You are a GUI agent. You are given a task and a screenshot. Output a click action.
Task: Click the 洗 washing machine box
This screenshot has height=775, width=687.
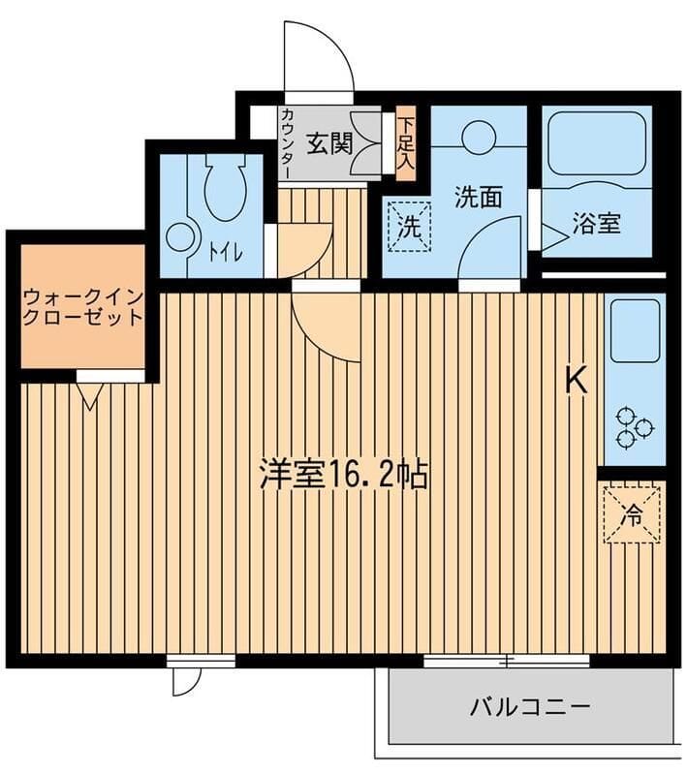click(410, 226)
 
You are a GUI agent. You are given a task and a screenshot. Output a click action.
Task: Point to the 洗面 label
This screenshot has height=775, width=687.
click(479, 197)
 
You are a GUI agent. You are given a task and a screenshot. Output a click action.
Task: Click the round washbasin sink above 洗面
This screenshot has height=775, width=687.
click(479, 138)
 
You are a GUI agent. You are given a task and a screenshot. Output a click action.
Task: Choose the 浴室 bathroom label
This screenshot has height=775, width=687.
click(596, 223)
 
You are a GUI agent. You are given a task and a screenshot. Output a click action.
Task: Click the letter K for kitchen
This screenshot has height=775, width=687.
click(577, 382)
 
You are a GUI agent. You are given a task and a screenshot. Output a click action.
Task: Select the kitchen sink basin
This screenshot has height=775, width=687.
click(635, 329)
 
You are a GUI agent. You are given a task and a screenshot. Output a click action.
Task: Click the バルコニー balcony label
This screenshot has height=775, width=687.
click(530, 705)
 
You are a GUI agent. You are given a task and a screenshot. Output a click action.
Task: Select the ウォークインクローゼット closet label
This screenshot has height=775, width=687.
click(83, 305)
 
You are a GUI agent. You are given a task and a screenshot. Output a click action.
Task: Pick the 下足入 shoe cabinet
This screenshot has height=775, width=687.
click(405, 143)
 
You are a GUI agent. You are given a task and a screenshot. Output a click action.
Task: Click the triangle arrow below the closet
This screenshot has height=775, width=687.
click(91, 394)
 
